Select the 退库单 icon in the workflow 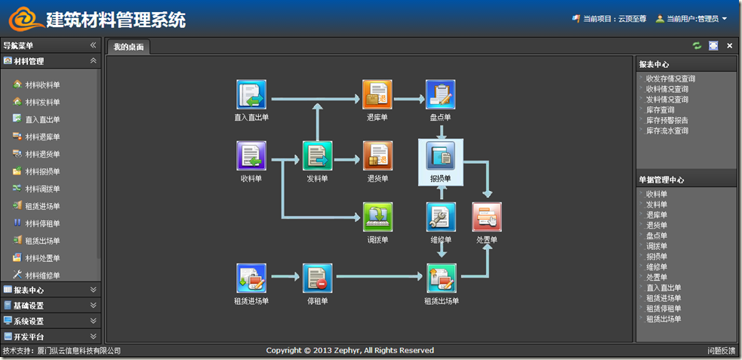377,94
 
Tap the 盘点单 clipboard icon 441,94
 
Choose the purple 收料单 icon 251,156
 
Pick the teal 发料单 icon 318,156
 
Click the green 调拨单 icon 378,217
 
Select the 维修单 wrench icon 441,217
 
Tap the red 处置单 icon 487,217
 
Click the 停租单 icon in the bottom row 318,278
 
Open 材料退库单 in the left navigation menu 42,137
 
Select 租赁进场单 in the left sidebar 42,206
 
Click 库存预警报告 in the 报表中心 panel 667,120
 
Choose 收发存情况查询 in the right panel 670,78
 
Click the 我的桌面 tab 128,48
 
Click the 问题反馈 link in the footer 721,351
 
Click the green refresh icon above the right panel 697,46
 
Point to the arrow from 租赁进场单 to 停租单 285,278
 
